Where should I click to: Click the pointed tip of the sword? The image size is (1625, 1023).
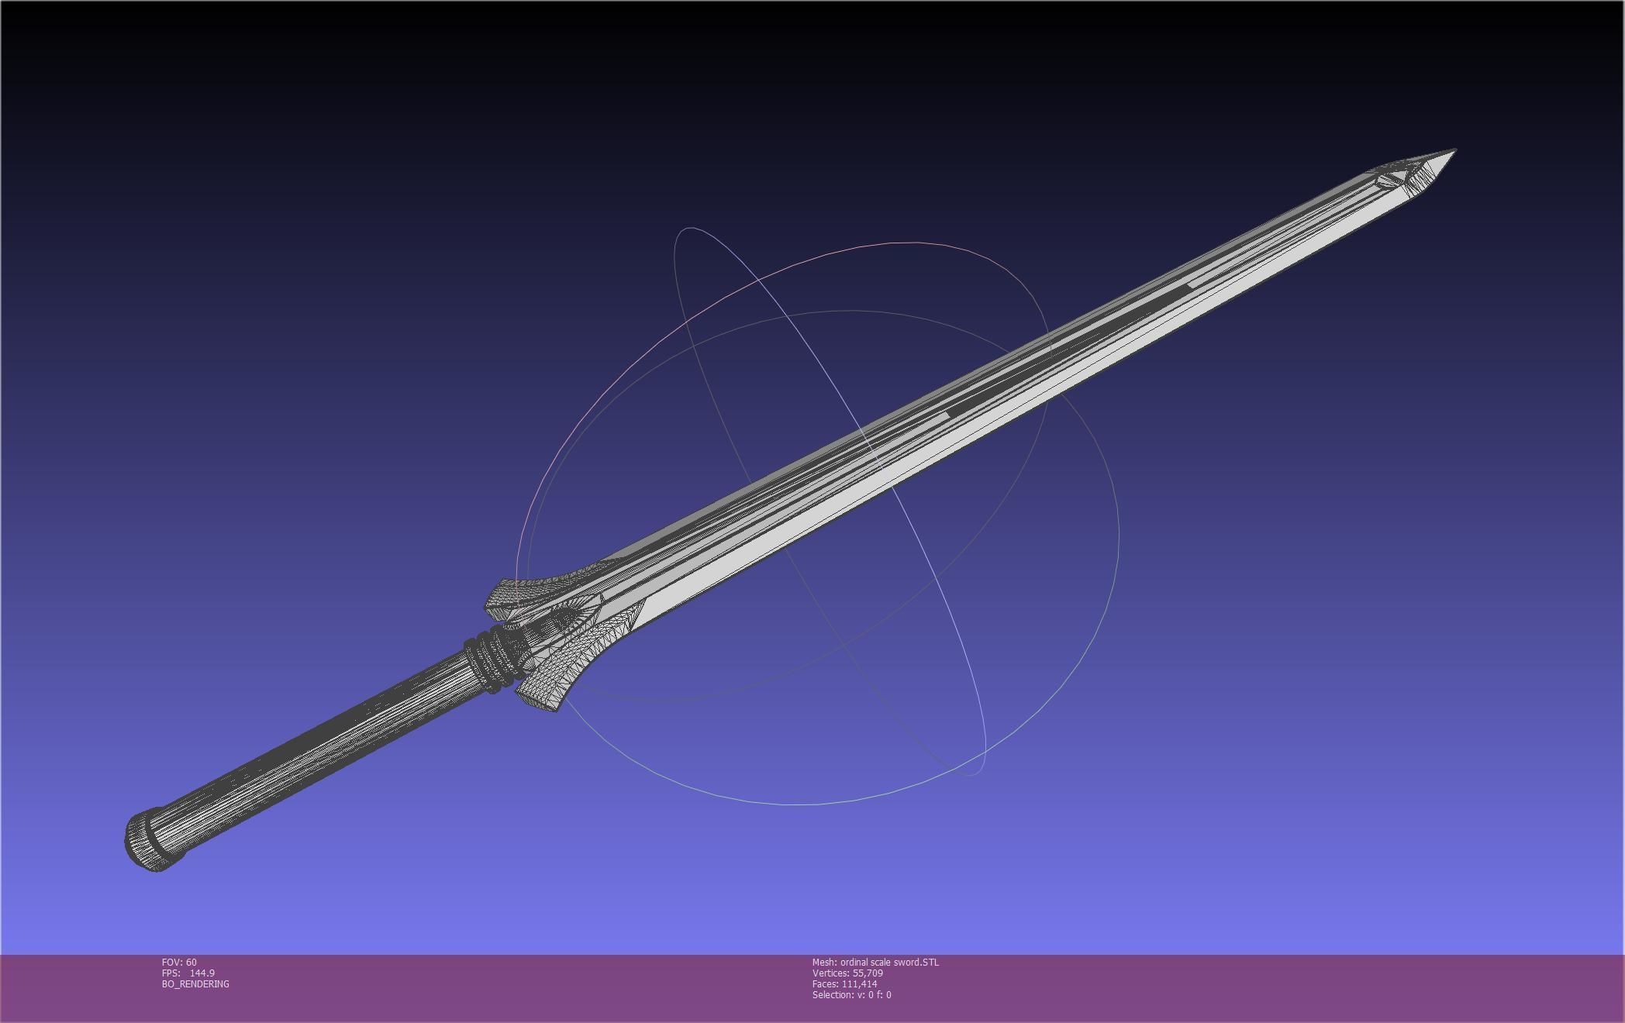[1454, 151]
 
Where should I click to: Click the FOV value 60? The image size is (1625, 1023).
[191, 963]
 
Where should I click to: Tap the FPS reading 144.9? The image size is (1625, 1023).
[202, 973]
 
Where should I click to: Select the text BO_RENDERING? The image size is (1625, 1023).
[195, 984]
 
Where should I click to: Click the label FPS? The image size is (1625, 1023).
[171, 973]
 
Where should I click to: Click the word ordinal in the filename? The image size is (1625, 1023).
[855, 963]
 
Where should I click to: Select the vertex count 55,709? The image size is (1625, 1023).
[868, 973]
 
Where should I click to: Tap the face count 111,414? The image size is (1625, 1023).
[860, 984]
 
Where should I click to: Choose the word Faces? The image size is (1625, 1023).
[826, 984]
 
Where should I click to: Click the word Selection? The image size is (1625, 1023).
[833, 995]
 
